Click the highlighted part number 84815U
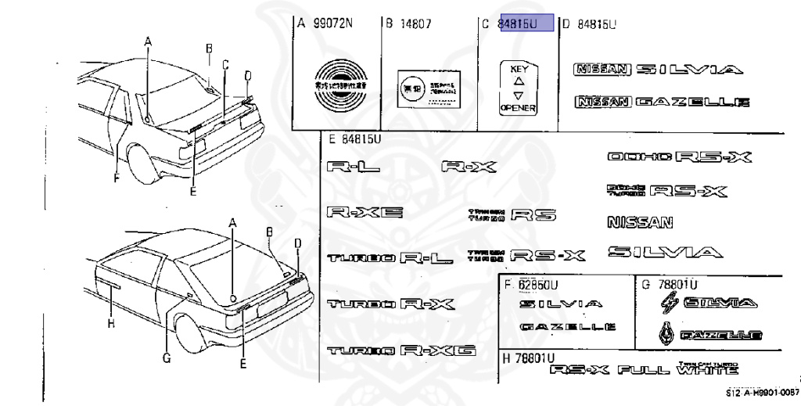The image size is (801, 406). pyautogui.click(x=526, y=23)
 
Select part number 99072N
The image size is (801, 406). pyautogui.click(x=332, y=23)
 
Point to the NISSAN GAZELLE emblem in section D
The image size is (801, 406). pyautogui.click(x=662, y=102)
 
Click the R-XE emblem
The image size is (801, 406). pyautogui.click(x=365, y=213)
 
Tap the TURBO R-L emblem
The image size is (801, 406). pyautogui.click(x=390, y=257)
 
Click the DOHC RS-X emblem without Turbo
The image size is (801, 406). pyautogui.click(x=679, y=156)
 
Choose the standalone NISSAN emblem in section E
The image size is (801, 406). pyautogui.click(x=640, y=222)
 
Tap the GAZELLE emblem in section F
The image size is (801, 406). pyautogui.click(x=568, y=326)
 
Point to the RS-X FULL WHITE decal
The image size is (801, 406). pyautogui.click(x=643, y=370)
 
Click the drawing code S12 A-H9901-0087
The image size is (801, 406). pyautogui.click(x=762, y=393)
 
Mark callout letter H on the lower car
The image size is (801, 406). pyautogui.click(x=111, y=323)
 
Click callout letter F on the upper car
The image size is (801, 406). pyautogui.click(x=115, y=177)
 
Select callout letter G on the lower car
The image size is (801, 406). pyautogui.click(x=166, y=359)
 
